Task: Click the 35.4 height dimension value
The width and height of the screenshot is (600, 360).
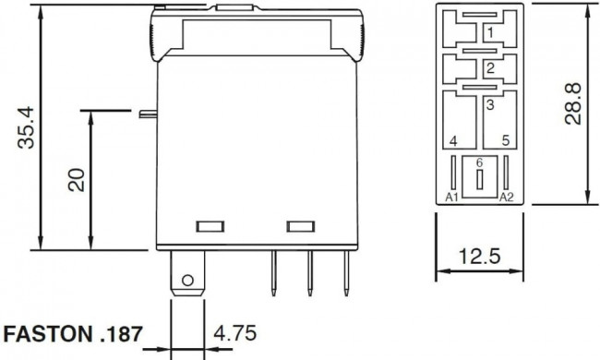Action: tap(29, 126)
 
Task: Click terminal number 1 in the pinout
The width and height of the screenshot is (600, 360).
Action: tap(490, 33)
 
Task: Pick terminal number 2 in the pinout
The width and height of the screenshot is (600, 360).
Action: tap(490, 68)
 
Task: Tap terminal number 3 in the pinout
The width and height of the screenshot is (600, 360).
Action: tap(490, 105)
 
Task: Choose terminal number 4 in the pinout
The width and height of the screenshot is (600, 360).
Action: tap(452, 141)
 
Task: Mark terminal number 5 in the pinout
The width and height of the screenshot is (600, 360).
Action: tap(505, 141)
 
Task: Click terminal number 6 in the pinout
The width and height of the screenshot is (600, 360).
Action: tap(478, 162)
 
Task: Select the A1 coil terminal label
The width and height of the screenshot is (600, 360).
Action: tap(452, 197)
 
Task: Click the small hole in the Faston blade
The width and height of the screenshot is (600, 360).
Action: tap(187, 279)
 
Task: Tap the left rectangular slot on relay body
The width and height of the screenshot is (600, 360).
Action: tap(209, 226)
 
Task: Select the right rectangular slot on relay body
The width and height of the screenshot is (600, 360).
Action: tap(298, 226)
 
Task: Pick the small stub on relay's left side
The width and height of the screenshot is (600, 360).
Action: tap(145, 114)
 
